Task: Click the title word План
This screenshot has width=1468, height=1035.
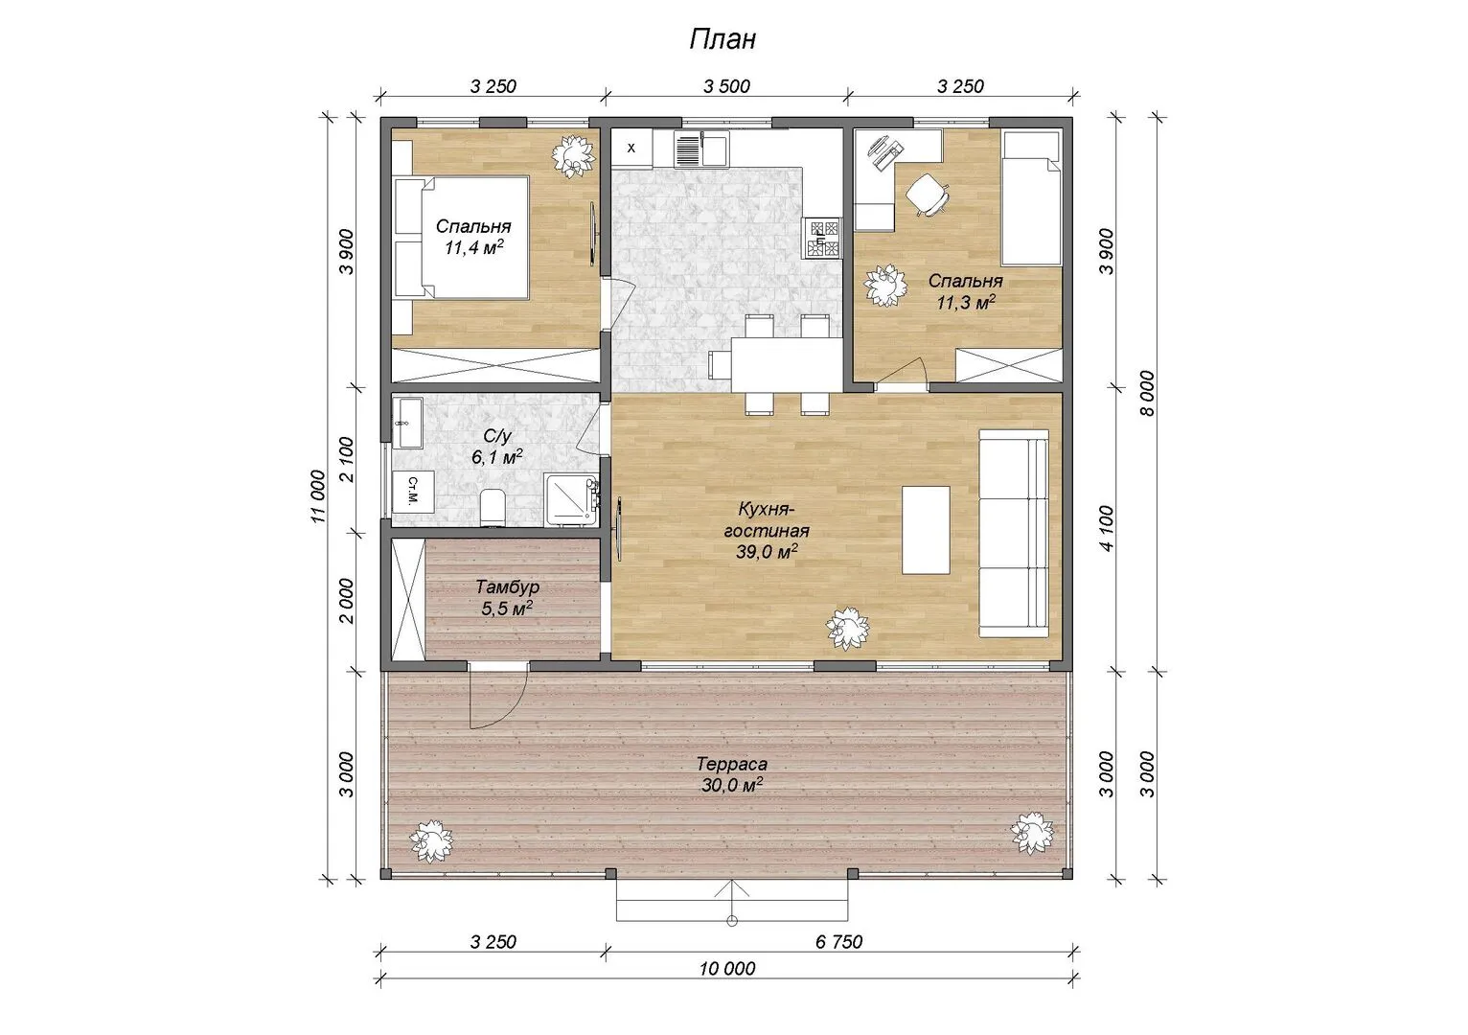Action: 723,39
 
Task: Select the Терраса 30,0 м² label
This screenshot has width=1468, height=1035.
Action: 731,774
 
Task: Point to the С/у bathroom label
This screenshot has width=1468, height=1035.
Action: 496,436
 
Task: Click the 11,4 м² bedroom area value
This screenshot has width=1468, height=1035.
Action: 473,248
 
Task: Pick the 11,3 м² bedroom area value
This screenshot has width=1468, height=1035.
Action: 966,302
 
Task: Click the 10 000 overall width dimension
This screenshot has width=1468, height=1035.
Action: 726,969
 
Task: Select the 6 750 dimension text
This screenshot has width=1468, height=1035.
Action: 838,942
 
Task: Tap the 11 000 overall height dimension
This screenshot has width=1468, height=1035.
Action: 318,496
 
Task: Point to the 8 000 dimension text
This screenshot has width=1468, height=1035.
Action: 1147,393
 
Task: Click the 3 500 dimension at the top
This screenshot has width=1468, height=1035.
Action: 726,86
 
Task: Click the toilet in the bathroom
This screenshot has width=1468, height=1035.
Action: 493,507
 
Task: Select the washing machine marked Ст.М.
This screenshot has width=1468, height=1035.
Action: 413,491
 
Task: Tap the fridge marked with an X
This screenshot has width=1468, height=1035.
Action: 631,149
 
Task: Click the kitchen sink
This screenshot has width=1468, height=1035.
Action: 701,149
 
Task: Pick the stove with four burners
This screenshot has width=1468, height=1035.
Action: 823,238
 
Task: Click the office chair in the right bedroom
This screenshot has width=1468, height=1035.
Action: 928,194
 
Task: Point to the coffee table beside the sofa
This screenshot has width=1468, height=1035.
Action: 926,530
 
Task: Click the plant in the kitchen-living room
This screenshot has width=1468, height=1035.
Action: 847,628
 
